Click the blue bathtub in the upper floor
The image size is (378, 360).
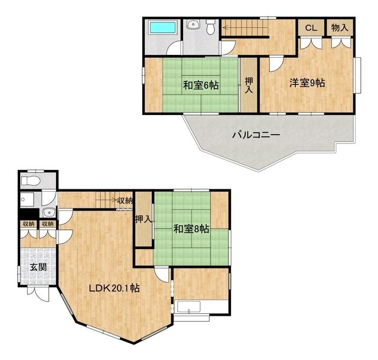163,28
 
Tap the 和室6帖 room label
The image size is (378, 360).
201,86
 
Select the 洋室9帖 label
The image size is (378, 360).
307,83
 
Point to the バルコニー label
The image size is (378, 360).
256,135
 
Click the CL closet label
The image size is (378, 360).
311,28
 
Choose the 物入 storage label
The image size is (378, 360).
340,28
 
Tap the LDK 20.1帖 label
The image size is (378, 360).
114,288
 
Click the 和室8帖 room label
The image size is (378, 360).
191,229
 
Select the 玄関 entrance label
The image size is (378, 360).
38,267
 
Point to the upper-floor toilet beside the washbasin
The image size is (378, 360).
211,27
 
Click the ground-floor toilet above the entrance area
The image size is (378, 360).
31,181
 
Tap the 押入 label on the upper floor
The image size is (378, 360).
249,86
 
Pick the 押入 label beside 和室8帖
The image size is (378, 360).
143,219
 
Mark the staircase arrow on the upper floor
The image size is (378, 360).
245,27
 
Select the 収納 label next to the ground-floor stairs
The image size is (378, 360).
125,201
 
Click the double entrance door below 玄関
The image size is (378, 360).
38,293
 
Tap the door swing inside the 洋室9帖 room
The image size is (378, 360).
276,64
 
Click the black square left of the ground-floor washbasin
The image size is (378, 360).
30,213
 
